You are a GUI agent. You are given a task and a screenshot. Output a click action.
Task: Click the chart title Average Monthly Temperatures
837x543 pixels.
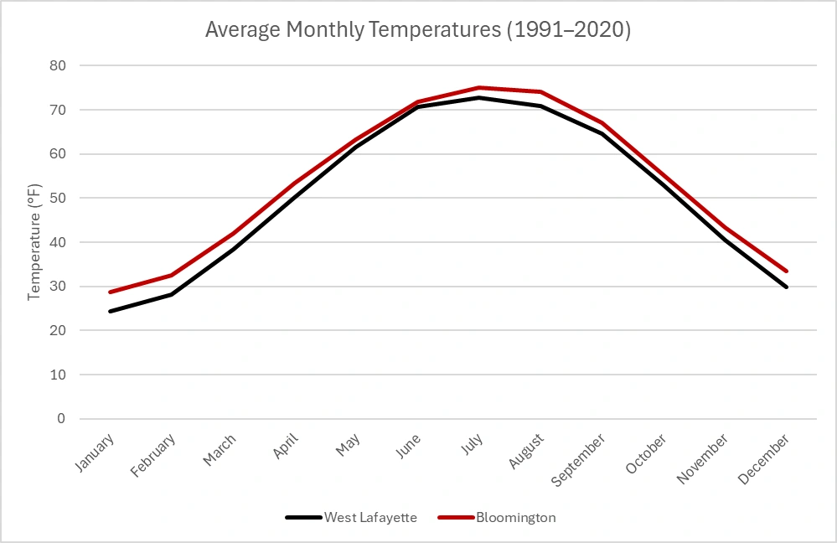tap(418, 30)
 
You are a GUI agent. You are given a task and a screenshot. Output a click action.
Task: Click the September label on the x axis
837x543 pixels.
tap(579, 459)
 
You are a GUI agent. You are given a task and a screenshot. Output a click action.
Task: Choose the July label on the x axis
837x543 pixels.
tap(473, 445)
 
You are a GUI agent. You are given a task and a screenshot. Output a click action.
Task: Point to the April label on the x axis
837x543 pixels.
tap(282, 447)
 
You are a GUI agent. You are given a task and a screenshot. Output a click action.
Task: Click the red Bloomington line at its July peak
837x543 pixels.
tap(479, 87)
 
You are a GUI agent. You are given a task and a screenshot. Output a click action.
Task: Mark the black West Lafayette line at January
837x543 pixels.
tap(110, 311)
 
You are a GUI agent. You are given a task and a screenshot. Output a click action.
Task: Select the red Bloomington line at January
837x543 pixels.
tap(110, 292)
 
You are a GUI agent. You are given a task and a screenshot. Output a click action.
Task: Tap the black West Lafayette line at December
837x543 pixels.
tap(787, 287)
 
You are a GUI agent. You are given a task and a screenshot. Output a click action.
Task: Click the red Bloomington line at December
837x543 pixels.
tap(787, 271)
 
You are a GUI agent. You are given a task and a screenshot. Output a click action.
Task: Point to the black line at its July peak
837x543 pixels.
tap(479, 97)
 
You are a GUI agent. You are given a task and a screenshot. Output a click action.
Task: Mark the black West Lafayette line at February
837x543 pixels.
tap(171, 294)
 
